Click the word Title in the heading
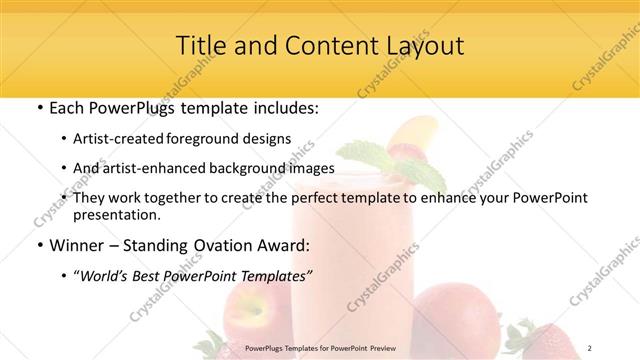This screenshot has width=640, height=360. tap(200, 46)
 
